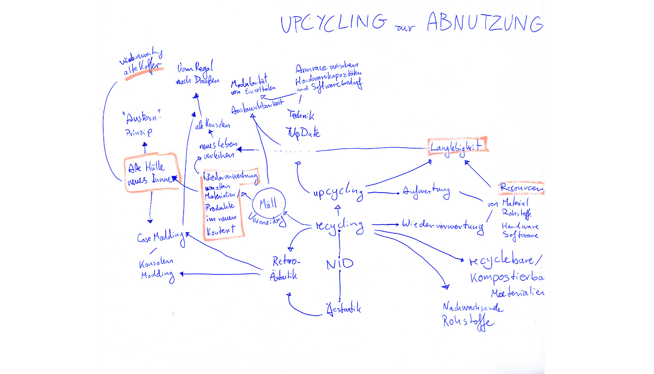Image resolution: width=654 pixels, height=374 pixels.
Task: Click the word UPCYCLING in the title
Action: pos(333,23)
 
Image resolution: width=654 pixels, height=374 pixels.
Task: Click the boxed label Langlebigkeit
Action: pos(457,147)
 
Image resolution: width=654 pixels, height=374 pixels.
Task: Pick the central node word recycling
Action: pos(339,226)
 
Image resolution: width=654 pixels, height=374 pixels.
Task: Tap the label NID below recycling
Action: pos(340,264)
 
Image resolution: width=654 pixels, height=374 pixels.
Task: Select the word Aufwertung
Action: pos(426,192)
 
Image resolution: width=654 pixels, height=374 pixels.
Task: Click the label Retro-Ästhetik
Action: pos(284,268)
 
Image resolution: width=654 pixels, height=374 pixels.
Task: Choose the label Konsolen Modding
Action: pos(157,269)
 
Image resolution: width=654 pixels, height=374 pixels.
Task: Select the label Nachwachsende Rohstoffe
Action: pos(472,315)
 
